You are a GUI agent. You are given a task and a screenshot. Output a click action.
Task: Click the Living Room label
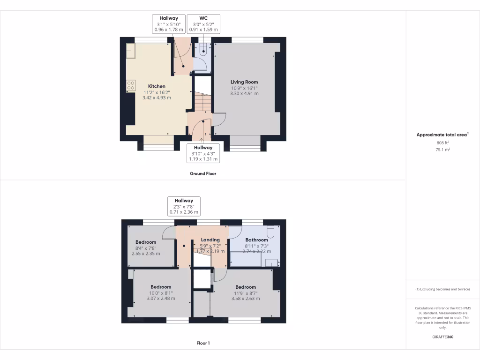[x=244, y=82]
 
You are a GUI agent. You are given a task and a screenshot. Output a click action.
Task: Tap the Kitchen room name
[x=157, y=86]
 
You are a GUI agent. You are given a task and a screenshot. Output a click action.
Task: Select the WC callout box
[x=203, y=23]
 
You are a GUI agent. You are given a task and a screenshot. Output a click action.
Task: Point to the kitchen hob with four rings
[x=131, y=86]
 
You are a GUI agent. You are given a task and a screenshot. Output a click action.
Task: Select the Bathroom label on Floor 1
[x=256, y=240]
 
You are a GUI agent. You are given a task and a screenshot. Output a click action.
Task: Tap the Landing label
[x=210, y=240]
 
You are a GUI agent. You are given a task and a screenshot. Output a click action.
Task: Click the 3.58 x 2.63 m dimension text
[x=246, y=299]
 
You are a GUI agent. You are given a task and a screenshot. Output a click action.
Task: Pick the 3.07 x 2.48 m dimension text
[x=161, y=299]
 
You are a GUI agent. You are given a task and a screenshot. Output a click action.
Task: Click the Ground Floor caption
[x=203, y=173]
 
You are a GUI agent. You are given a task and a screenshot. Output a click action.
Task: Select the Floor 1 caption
[x=203, y=343]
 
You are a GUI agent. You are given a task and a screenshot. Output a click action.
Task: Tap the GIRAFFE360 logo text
[x=443, y=337]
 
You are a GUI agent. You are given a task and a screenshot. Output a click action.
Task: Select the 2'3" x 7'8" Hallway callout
[x=184, y=206]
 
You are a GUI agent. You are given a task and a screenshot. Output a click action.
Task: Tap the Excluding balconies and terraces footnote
[x=443, y=289]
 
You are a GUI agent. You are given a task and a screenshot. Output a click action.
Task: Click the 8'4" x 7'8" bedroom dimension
[x=146, y=248]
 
